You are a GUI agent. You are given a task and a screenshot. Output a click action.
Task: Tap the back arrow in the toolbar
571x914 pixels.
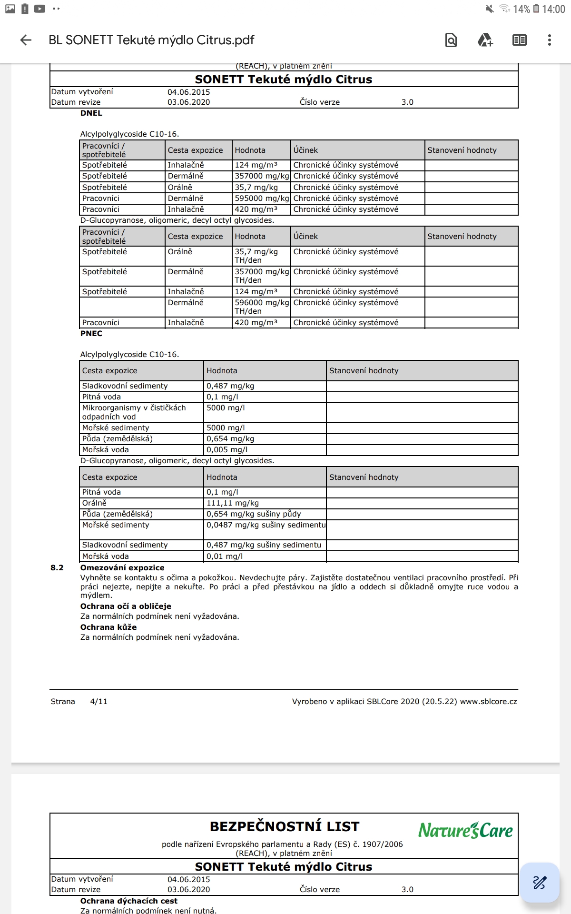tap(26, 40)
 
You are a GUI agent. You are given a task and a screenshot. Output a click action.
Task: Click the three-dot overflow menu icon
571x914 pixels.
tap(549, 40)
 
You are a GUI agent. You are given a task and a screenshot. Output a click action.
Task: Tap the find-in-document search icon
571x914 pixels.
tap(451, 40)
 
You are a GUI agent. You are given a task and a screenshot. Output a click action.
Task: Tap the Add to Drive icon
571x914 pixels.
tap(485, 40)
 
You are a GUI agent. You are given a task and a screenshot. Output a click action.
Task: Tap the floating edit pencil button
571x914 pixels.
tap(539, 883)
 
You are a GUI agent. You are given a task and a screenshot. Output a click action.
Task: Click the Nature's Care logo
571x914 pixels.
tap(465, 830)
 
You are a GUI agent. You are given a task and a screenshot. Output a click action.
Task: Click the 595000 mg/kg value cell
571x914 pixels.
tap(261, 198)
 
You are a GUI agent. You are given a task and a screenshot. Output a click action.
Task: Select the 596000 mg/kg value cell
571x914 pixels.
tap(261, 303)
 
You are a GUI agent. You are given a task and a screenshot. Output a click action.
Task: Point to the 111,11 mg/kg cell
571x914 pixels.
tap(233, 503)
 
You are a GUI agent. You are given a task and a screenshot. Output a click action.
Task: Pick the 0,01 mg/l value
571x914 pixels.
tap(225, 556)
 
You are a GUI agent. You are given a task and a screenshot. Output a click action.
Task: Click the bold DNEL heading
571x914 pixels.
tap(91, 113)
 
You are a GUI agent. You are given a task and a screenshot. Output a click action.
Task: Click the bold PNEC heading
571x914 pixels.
tap(91, 333)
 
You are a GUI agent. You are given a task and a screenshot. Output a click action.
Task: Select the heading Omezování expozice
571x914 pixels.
tap(122, 567)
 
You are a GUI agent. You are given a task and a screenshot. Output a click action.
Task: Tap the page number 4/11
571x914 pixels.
tap(98, 701)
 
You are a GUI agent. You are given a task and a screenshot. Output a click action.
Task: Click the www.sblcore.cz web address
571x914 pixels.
tap(488, 701)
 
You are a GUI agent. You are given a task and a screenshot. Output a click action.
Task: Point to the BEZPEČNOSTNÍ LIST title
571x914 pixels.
tap(285, 826)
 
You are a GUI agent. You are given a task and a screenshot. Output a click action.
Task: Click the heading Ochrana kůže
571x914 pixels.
tap(108, 627)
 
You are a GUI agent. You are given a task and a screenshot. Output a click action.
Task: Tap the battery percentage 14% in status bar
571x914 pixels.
tap(521, 9)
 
